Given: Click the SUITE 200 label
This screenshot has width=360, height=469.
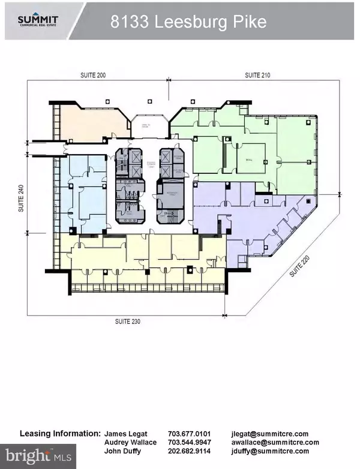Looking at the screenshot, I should point(94,75).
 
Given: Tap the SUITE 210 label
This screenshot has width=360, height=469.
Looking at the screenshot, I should point(257,75).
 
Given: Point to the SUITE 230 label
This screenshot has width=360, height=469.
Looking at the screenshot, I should point(128,321).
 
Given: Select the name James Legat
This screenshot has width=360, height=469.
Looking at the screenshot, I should point(125,434).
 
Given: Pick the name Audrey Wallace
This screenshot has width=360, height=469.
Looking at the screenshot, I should point(130,443).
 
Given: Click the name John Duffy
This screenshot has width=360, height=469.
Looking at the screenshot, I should point(122,451).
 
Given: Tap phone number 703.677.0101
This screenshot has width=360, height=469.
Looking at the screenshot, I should point(189,434).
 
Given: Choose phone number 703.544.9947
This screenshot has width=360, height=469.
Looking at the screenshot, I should point(189,443).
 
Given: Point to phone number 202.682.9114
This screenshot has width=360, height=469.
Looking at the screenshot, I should point(189,451).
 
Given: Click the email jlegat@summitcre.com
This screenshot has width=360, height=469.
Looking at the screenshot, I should point(269,434).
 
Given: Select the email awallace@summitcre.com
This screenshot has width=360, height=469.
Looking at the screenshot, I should point(274,443).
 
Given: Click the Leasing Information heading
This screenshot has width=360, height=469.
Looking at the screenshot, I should point(60,433).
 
